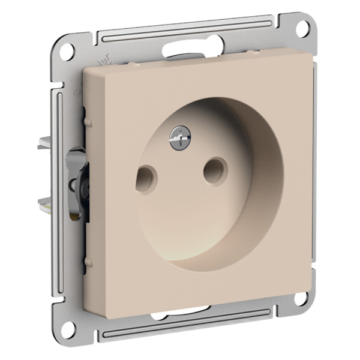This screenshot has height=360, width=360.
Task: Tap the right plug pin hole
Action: (214, 171)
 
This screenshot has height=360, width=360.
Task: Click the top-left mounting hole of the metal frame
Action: (67, 50)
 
